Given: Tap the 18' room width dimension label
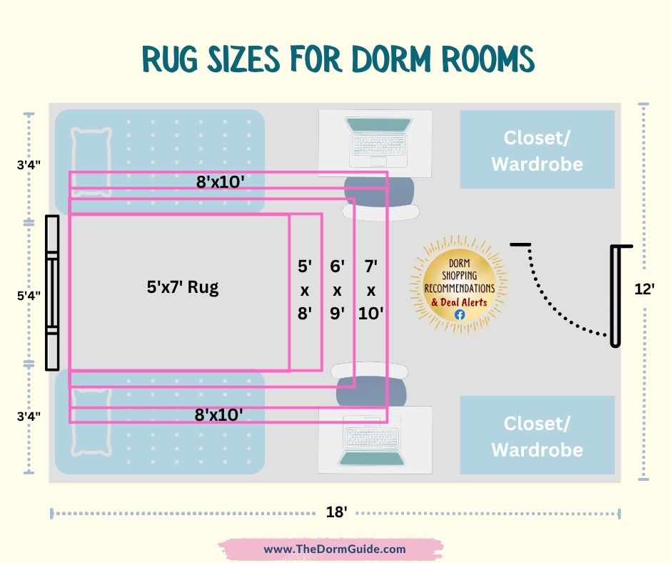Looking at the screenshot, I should [336, 513].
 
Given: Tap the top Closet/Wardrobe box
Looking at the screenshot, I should [537, 149].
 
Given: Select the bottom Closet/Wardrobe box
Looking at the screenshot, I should [537, 435].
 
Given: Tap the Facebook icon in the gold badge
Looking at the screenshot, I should [459, 314].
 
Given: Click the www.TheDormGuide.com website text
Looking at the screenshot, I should [335, 549].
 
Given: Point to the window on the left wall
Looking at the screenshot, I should [51, 293].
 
